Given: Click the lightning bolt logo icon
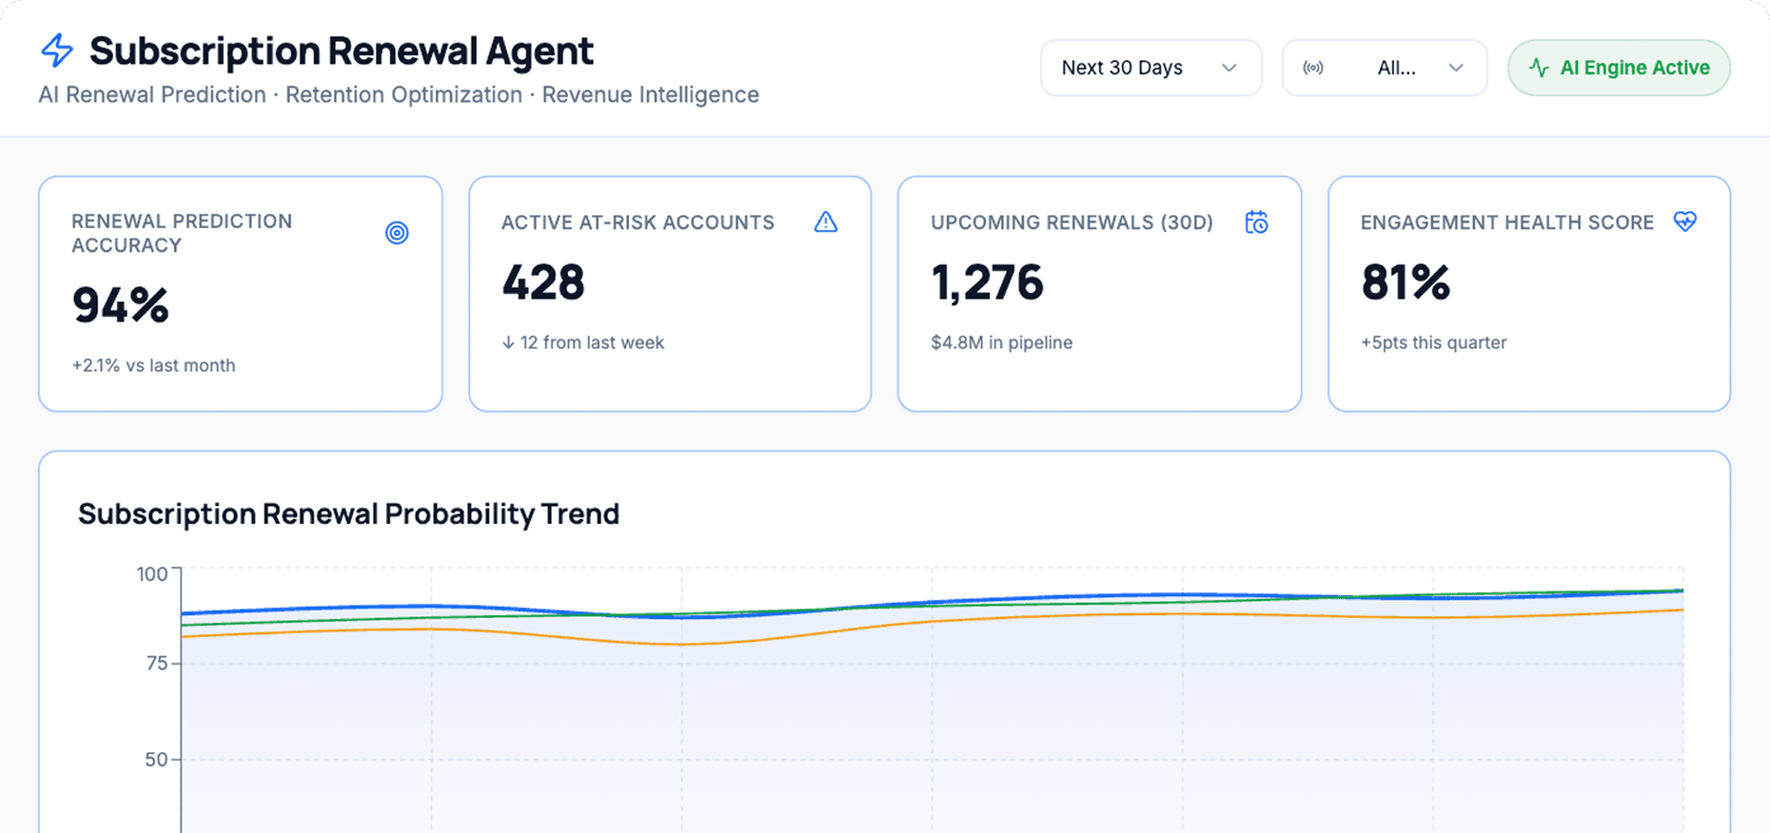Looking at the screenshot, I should (57, 50).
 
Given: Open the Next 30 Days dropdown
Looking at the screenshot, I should (1150, 68).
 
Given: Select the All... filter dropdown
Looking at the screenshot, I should (1384, 68).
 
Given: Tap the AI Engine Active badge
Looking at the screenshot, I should (1619, 68).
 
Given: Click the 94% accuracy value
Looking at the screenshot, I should (121, 305).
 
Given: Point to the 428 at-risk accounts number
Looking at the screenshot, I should (543, 282).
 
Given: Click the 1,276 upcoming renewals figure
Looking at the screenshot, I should (987, 282).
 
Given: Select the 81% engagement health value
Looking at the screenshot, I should (1405, 282).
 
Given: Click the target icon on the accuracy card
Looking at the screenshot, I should (397, 233).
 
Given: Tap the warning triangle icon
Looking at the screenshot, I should (826, 223).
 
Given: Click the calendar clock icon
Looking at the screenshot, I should (1256, 223).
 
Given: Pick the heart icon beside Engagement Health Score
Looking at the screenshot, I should (1684, 222).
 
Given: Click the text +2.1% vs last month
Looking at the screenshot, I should (153, 365).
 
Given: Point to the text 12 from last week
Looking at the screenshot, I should (583, 342).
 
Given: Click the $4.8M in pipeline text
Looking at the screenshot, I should (1001, 342).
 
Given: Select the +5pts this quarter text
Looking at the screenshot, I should (1433, 342).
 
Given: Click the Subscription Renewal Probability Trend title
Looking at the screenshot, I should (348, 513).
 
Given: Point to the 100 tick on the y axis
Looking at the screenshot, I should (152, 574).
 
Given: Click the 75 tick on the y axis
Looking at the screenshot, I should (157, 663).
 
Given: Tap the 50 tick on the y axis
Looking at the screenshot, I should (156, 760).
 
